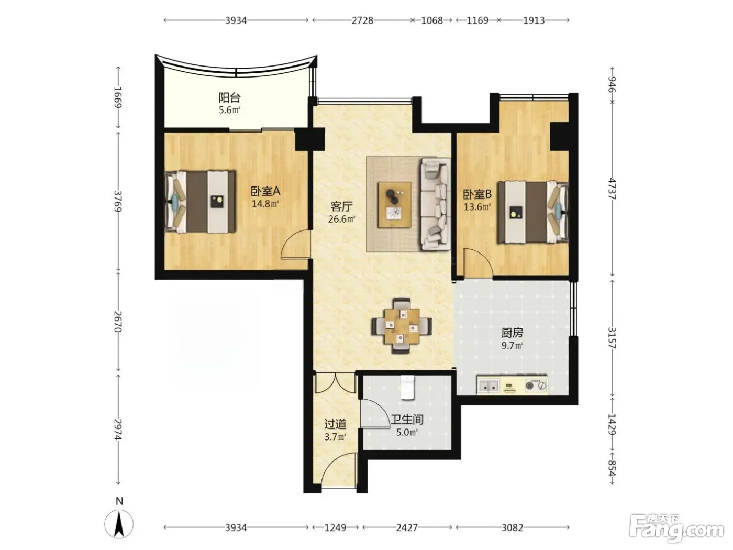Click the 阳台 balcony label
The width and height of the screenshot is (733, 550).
pyautogui.click(x=229, y=98)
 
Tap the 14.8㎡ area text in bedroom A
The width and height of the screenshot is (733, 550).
pyautogui.click(x=265, y=204)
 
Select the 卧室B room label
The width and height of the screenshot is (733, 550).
pyautogui.click(x=477, y=194)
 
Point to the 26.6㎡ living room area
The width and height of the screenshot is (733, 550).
pyautogui.click(x=341, y=219)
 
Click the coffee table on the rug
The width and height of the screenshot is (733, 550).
pyautogui.click(x=394, y=205)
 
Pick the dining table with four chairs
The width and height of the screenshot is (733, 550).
pyautogui.click(x=402, y=326)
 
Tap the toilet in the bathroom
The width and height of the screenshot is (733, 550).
pyautogui.click(x=407, y=387)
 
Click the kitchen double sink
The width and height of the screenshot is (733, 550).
pyautogui.click(x=488, y=386)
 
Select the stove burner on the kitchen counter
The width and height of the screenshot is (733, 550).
pyautogui.click(x=536, y=386)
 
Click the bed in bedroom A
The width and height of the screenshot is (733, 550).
pyautogui.click(x=201, y=202)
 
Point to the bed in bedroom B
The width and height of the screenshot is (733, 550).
pyautogui.click(x=533, y=212)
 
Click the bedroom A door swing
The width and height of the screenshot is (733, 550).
pyautogui.click(x=295, y=245)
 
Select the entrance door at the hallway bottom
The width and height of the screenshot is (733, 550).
pyautogui.click(x=339, y=470)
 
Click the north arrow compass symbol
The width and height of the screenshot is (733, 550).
pyautogui.click(x=119, y=524)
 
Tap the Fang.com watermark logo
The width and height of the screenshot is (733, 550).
pyautogui.click(x=676, y=529)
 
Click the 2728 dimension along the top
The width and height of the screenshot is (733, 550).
pyautogui.click(x=362, y=20)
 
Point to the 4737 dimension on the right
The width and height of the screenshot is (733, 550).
pyautogui.click(x=612, y=189)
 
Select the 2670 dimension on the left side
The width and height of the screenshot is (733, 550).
pyautogui.click(x=118, y=322)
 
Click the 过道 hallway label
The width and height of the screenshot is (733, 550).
pyautogui.click(x=335, y=424)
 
